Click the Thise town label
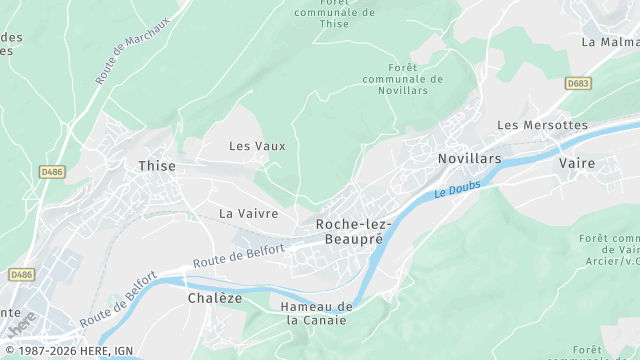(157, 166)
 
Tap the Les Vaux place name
(257, 146)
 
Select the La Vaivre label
(248, 213)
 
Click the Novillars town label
(469, 159)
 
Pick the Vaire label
(577, 162)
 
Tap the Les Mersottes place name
(542, 125)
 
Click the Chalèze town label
(215, 298)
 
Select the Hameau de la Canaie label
(318, 313)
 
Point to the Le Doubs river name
(459, 188)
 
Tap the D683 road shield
(578, 83)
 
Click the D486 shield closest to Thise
(52, 172)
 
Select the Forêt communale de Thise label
(334, 12)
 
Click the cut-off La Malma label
(610, 42)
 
